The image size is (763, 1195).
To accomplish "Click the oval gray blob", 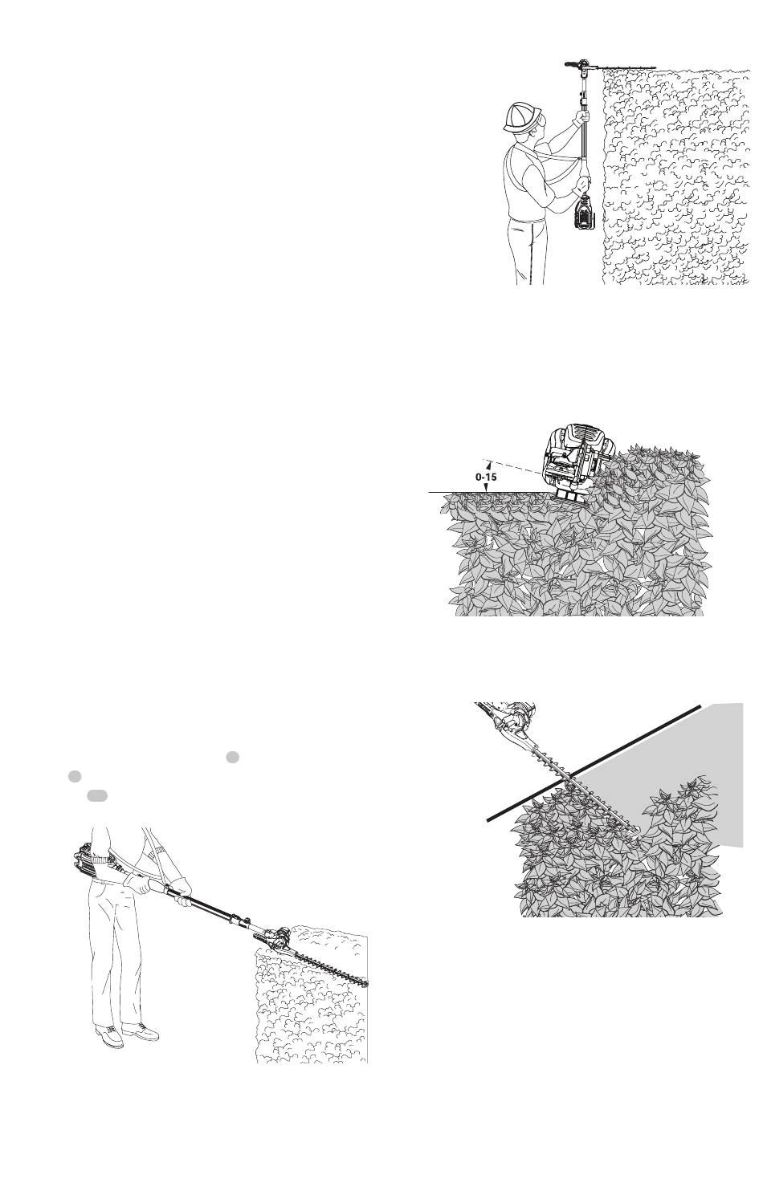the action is tap(96, 795).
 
